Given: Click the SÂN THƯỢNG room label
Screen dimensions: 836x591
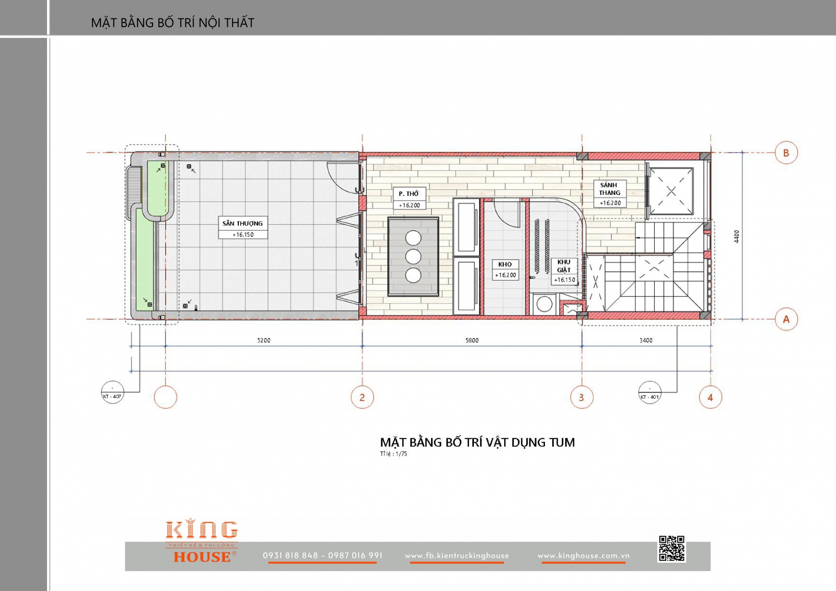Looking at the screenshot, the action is (x=242, y=224).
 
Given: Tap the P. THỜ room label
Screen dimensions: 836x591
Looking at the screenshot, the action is (x=409, y=194).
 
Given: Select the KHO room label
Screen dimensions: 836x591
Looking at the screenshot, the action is (x=505, y=264).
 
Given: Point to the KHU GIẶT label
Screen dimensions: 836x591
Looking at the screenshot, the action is (x=564, y=266).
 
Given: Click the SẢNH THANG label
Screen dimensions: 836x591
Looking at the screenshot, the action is (x=609, y=189).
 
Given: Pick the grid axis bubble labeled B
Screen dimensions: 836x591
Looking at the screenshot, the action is (x=786, y=153).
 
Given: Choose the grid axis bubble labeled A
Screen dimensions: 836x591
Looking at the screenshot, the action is (x=786, y=319).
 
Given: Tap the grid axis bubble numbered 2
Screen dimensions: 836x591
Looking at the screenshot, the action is (x=362, y=397).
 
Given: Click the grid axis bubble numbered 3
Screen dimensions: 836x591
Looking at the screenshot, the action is (x=582, y=397).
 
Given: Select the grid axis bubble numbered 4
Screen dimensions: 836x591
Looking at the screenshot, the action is (x=710, y=397).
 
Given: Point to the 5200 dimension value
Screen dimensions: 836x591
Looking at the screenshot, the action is (x=264, y=341).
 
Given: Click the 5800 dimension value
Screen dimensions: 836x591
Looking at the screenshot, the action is (x=472, y=341).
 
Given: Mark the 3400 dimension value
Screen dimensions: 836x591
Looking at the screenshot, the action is (x=646, y=341).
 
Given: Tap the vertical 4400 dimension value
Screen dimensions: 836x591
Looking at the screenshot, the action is (x=736, y=236).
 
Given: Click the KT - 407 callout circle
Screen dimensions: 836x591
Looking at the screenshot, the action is (x=112, y=392).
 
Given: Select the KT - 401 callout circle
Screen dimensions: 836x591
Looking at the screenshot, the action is (x=649, y=392).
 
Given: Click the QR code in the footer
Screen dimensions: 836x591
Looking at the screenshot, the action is (x=671, y=549).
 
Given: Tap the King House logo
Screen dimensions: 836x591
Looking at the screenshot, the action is (x=202, y=541).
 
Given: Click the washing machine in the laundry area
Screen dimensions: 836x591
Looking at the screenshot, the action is (x=544, y=304).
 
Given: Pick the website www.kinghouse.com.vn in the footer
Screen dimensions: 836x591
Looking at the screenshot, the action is (x=583, y=556).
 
